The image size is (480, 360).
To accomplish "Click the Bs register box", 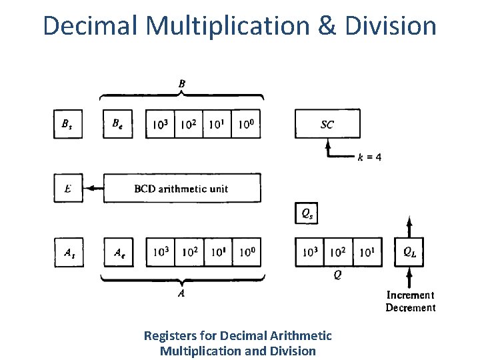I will pos(67,124).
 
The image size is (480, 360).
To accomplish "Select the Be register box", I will pos(118,124).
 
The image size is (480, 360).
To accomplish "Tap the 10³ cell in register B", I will pos(160,124).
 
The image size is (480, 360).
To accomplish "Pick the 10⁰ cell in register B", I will pos(246,124).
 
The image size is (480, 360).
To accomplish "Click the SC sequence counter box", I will pos(327,124).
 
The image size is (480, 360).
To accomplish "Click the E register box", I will pos(67,189).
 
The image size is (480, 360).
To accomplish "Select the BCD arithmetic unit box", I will pos(181,189).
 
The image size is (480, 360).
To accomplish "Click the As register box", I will pos(67,252).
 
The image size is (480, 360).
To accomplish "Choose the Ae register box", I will pos(118,252).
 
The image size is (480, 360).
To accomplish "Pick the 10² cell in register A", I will pos(189,252).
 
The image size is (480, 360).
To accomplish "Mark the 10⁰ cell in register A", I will pos(246,252).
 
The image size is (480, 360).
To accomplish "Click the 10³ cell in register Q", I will pos(309,252).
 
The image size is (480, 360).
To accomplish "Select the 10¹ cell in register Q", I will pos(367,252).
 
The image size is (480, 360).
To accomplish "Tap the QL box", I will pos(410,252).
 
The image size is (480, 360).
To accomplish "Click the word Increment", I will pos(410,295).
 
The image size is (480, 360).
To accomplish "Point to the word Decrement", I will pos(410,307).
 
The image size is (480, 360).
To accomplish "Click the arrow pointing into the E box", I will pos(93,189).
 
